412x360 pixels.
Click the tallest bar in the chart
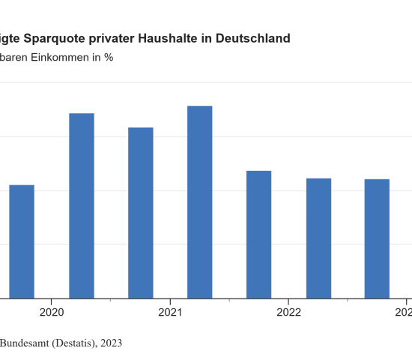point(200,202)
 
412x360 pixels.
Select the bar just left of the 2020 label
point(22,241)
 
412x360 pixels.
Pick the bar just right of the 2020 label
point(82,205)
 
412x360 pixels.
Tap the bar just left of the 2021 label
point(141,212)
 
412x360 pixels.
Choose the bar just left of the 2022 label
point(259,234)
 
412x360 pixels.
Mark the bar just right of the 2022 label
point(318,238)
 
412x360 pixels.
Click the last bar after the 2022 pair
point(378,238)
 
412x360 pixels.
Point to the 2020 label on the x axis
point(51,312)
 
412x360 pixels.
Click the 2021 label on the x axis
point(170,312)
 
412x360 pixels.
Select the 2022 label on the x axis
point(288,312)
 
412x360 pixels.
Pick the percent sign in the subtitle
point(109,57)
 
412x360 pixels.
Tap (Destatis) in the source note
point(76,343)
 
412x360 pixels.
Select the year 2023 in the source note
point(110,343)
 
